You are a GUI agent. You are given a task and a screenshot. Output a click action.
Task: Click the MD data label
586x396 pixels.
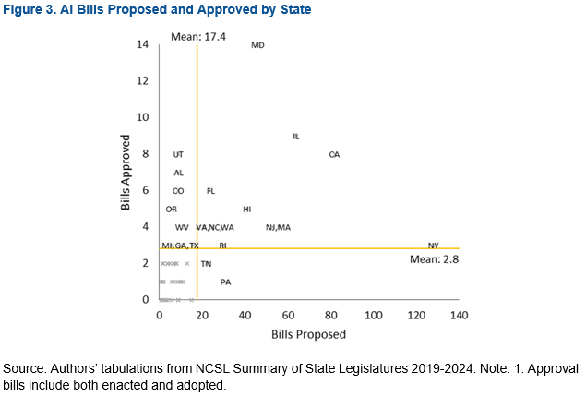[x=257, y=45]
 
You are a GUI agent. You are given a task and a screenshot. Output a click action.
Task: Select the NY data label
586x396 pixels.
[x=433, y=245]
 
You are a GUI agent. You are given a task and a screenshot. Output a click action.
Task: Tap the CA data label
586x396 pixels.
[x=334, y=154]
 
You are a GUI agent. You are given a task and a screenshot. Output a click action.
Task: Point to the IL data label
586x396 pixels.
[x=295, y=136]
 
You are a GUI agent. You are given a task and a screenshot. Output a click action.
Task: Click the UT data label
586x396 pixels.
[x=178, y=154]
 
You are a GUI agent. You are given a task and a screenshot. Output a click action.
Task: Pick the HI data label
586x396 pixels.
[x=246, y=210]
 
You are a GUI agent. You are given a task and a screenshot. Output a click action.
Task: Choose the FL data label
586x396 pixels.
[x=210, y=191]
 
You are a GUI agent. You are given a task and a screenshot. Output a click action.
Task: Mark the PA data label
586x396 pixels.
[x=225, y=282]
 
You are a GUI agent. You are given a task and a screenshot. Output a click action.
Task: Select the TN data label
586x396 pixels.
[x=206, y=264]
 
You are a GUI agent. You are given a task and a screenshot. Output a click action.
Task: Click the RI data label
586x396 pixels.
[x=222, y=246]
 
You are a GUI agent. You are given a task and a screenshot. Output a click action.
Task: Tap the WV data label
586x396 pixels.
[x=182, y=227]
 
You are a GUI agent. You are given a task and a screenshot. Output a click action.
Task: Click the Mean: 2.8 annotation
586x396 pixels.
[x=434, y=260]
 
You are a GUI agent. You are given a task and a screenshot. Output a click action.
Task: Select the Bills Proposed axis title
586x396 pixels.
[x=308, y=333]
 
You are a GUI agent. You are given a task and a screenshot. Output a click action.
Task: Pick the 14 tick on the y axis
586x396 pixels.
[x=142, y=44]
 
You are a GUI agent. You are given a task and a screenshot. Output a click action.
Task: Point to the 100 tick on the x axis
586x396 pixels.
[x=373, y=316]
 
